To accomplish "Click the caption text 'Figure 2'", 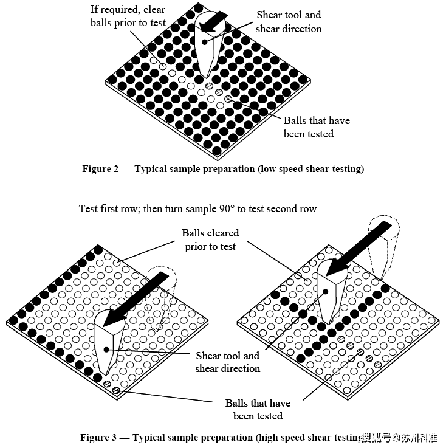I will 100,169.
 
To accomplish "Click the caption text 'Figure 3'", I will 98,437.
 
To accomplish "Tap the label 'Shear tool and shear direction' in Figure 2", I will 289,22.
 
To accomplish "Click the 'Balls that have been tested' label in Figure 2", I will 316,127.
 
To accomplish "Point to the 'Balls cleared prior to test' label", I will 210,240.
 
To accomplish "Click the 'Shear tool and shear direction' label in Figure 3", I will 227,362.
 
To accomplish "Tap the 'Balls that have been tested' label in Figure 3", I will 258,409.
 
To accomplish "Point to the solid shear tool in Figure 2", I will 208,52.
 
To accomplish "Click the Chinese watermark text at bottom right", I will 403,438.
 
